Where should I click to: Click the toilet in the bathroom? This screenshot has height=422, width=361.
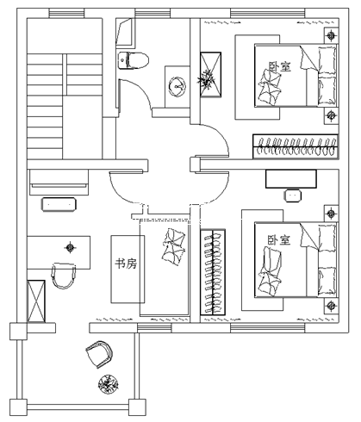(134, 60)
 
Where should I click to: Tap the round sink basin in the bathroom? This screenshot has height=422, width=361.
(177, 86)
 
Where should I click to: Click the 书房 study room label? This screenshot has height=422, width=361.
(126, 264)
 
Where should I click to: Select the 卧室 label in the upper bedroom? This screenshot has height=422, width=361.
(279, 66)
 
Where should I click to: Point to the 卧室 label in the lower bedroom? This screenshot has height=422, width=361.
(278, 240)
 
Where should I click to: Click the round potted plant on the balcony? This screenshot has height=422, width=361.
(109, 384)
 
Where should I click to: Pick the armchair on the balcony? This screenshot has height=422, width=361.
(99, 354)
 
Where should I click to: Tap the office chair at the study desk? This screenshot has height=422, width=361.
(64, 276)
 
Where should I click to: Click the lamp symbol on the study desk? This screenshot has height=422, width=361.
(70, 247)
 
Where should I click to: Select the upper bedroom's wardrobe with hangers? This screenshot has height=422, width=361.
(296, 146)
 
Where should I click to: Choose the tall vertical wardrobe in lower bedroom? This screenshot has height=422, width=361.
(213, 272)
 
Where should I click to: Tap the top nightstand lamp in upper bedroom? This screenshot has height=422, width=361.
(332, 35)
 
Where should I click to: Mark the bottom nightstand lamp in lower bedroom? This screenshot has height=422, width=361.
(331, 305)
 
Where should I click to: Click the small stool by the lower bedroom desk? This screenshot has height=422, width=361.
(293, 195)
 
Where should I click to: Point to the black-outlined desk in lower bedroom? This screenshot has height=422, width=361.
(291, 178)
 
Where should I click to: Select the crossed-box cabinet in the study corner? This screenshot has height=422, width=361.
(36, 301)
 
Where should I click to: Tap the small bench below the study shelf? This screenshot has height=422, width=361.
(59, 204)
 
